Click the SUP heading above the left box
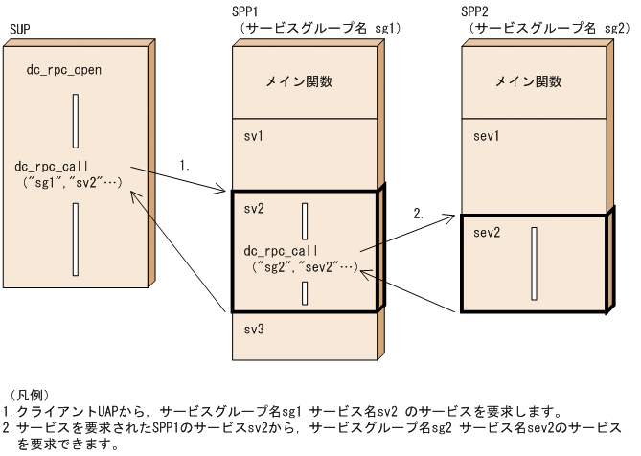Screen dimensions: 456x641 (19, 30)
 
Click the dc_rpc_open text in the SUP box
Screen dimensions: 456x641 (64, 70)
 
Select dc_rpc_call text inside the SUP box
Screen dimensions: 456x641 (53, 166)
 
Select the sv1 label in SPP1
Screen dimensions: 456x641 (254, 137)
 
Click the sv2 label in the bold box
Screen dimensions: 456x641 (254, 208)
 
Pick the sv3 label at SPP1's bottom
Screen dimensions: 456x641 (254, 329)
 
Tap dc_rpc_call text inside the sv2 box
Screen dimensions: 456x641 (283, 250)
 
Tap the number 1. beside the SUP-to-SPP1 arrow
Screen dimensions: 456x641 (185, 165)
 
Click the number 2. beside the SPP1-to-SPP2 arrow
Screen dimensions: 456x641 (418, 215)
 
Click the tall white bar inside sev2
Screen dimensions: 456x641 (534, 262)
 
